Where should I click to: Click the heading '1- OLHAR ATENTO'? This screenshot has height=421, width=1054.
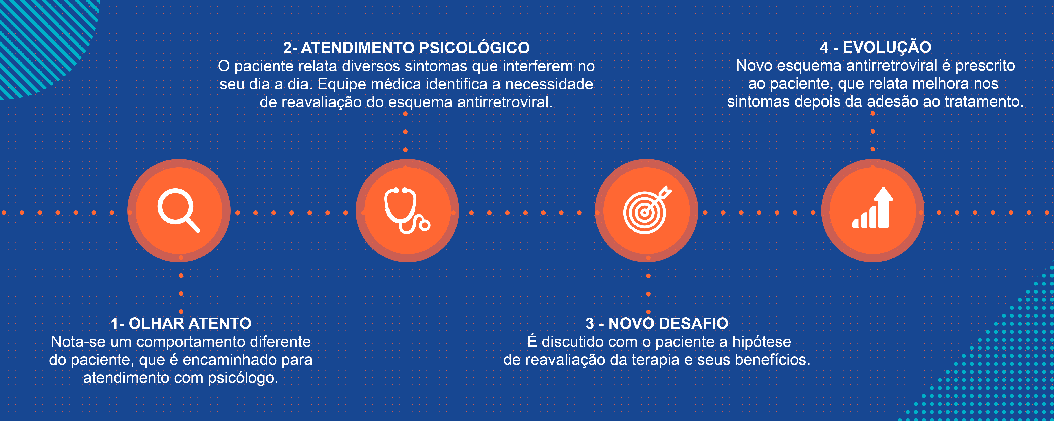coord(181,323)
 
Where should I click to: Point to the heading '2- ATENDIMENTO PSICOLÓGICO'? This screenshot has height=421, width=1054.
coord(406,48)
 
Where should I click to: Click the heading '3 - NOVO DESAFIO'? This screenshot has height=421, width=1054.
coord(657,323)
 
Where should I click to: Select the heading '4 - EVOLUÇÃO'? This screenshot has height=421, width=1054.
coord(876,47)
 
